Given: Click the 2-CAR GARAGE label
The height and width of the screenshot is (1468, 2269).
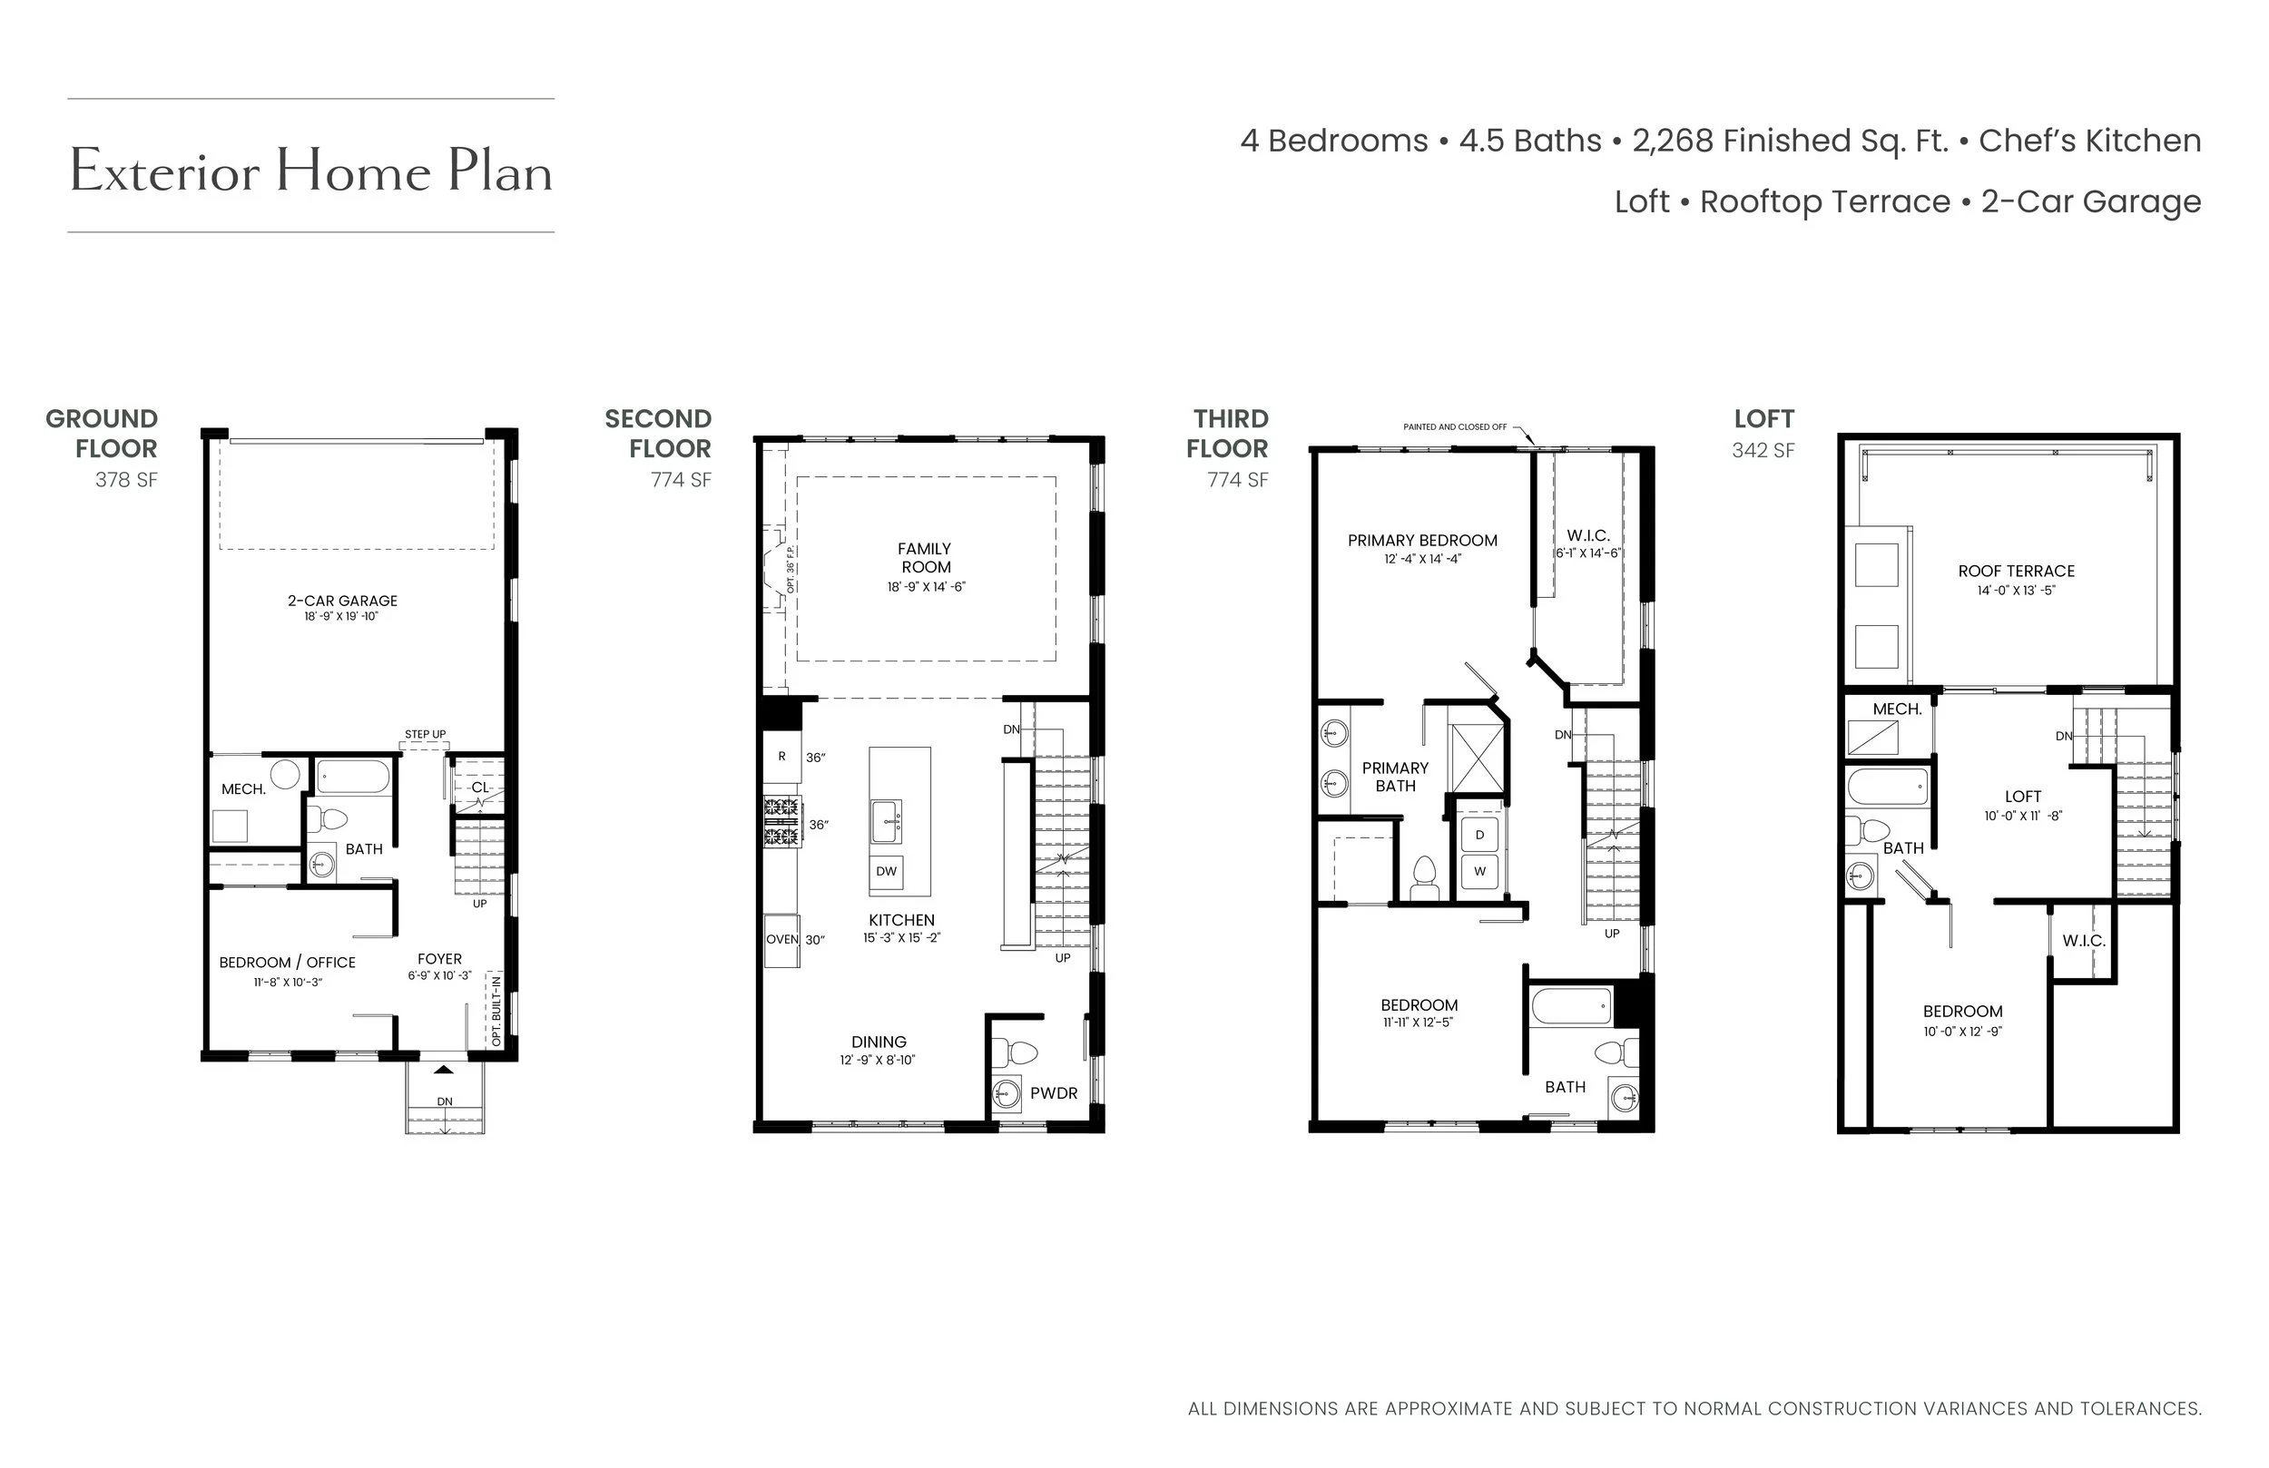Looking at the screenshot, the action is point(342,601).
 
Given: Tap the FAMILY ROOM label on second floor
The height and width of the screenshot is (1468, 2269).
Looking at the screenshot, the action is point(925,558).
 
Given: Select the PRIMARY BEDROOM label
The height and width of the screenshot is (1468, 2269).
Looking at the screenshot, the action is point(1422,541).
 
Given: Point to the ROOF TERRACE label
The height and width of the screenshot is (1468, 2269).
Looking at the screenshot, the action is point(2017,571).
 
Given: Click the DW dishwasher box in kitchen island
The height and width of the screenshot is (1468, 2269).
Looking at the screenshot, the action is point(887,871).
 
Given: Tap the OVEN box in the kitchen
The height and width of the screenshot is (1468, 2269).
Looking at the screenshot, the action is point(781,940).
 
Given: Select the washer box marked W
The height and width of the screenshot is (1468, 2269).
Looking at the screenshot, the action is point(1479,871).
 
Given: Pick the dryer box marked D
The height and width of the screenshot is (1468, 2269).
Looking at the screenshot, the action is point(1479,835).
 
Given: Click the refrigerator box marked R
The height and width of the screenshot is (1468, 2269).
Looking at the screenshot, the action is point(781,757).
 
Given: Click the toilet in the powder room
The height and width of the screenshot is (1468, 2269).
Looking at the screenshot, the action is point(1015,1053).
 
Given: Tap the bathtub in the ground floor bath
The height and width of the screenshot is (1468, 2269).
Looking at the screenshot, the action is point(352,777).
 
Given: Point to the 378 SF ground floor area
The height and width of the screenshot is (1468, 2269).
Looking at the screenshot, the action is point(126,479).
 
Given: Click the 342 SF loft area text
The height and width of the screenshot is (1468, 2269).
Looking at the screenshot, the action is point(1763,450).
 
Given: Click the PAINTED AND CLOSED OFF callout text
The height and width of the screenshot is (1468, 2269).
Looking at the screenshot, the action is point(1455,427).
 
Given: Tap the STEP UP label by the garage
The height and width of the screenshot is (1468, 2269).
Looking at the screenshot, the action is point(425,734).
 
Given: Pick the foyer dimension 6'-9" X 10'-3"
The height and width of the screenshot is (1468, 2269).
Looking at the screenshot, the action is point(439,975).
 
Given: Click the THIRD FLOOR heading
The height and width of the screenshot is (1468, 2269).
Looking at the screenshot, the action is point(1228,434).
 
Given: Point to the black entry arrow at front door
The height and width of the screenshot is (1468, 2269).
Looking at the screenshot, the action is point(444,1070).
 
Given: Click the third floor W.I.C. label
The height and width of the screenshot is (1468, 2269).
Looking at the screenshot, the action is point(1588,535).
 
